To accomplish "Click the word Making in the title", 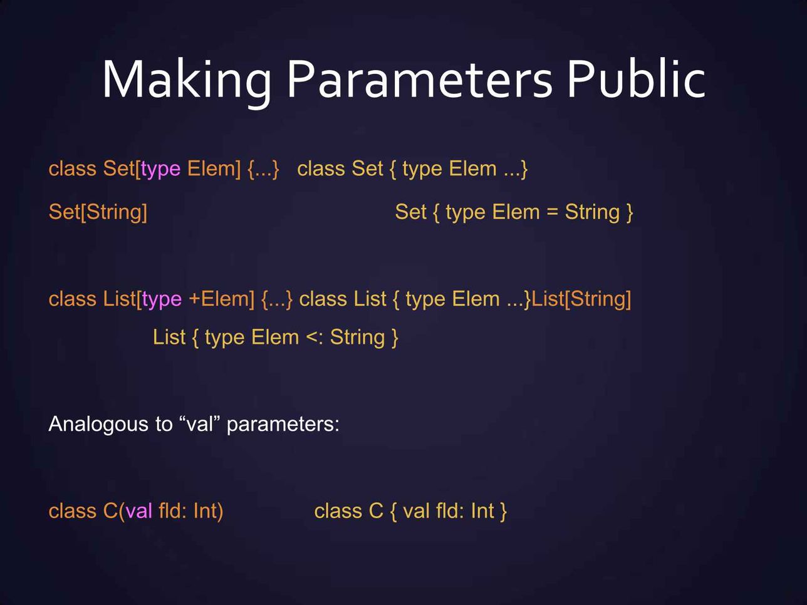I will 186,80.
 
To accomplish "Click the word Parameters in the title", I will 419,80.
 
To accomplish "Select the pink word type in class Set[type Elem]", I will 160,169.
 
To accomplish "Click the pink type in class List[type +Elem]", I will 162,299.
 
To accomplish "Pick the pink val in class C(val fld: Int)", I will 138,511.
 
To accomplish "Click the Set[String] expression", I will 98,212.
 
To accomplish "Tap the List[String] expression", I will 581,299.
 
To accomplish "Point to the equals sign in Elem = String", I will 551,212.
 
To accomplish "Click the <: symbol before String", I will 314,338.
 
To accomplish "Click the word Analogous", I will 93,425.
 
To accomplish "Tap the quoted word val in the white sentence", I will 199,424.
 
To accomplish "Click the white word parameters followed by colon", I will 283,425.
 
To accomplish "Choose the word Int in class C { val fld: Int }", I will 482,511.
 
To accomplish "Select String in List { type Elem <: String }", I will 357,338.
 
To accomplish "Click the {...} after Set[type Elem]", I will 263,169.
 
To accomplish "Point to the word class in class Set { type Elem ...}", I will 321,169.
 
